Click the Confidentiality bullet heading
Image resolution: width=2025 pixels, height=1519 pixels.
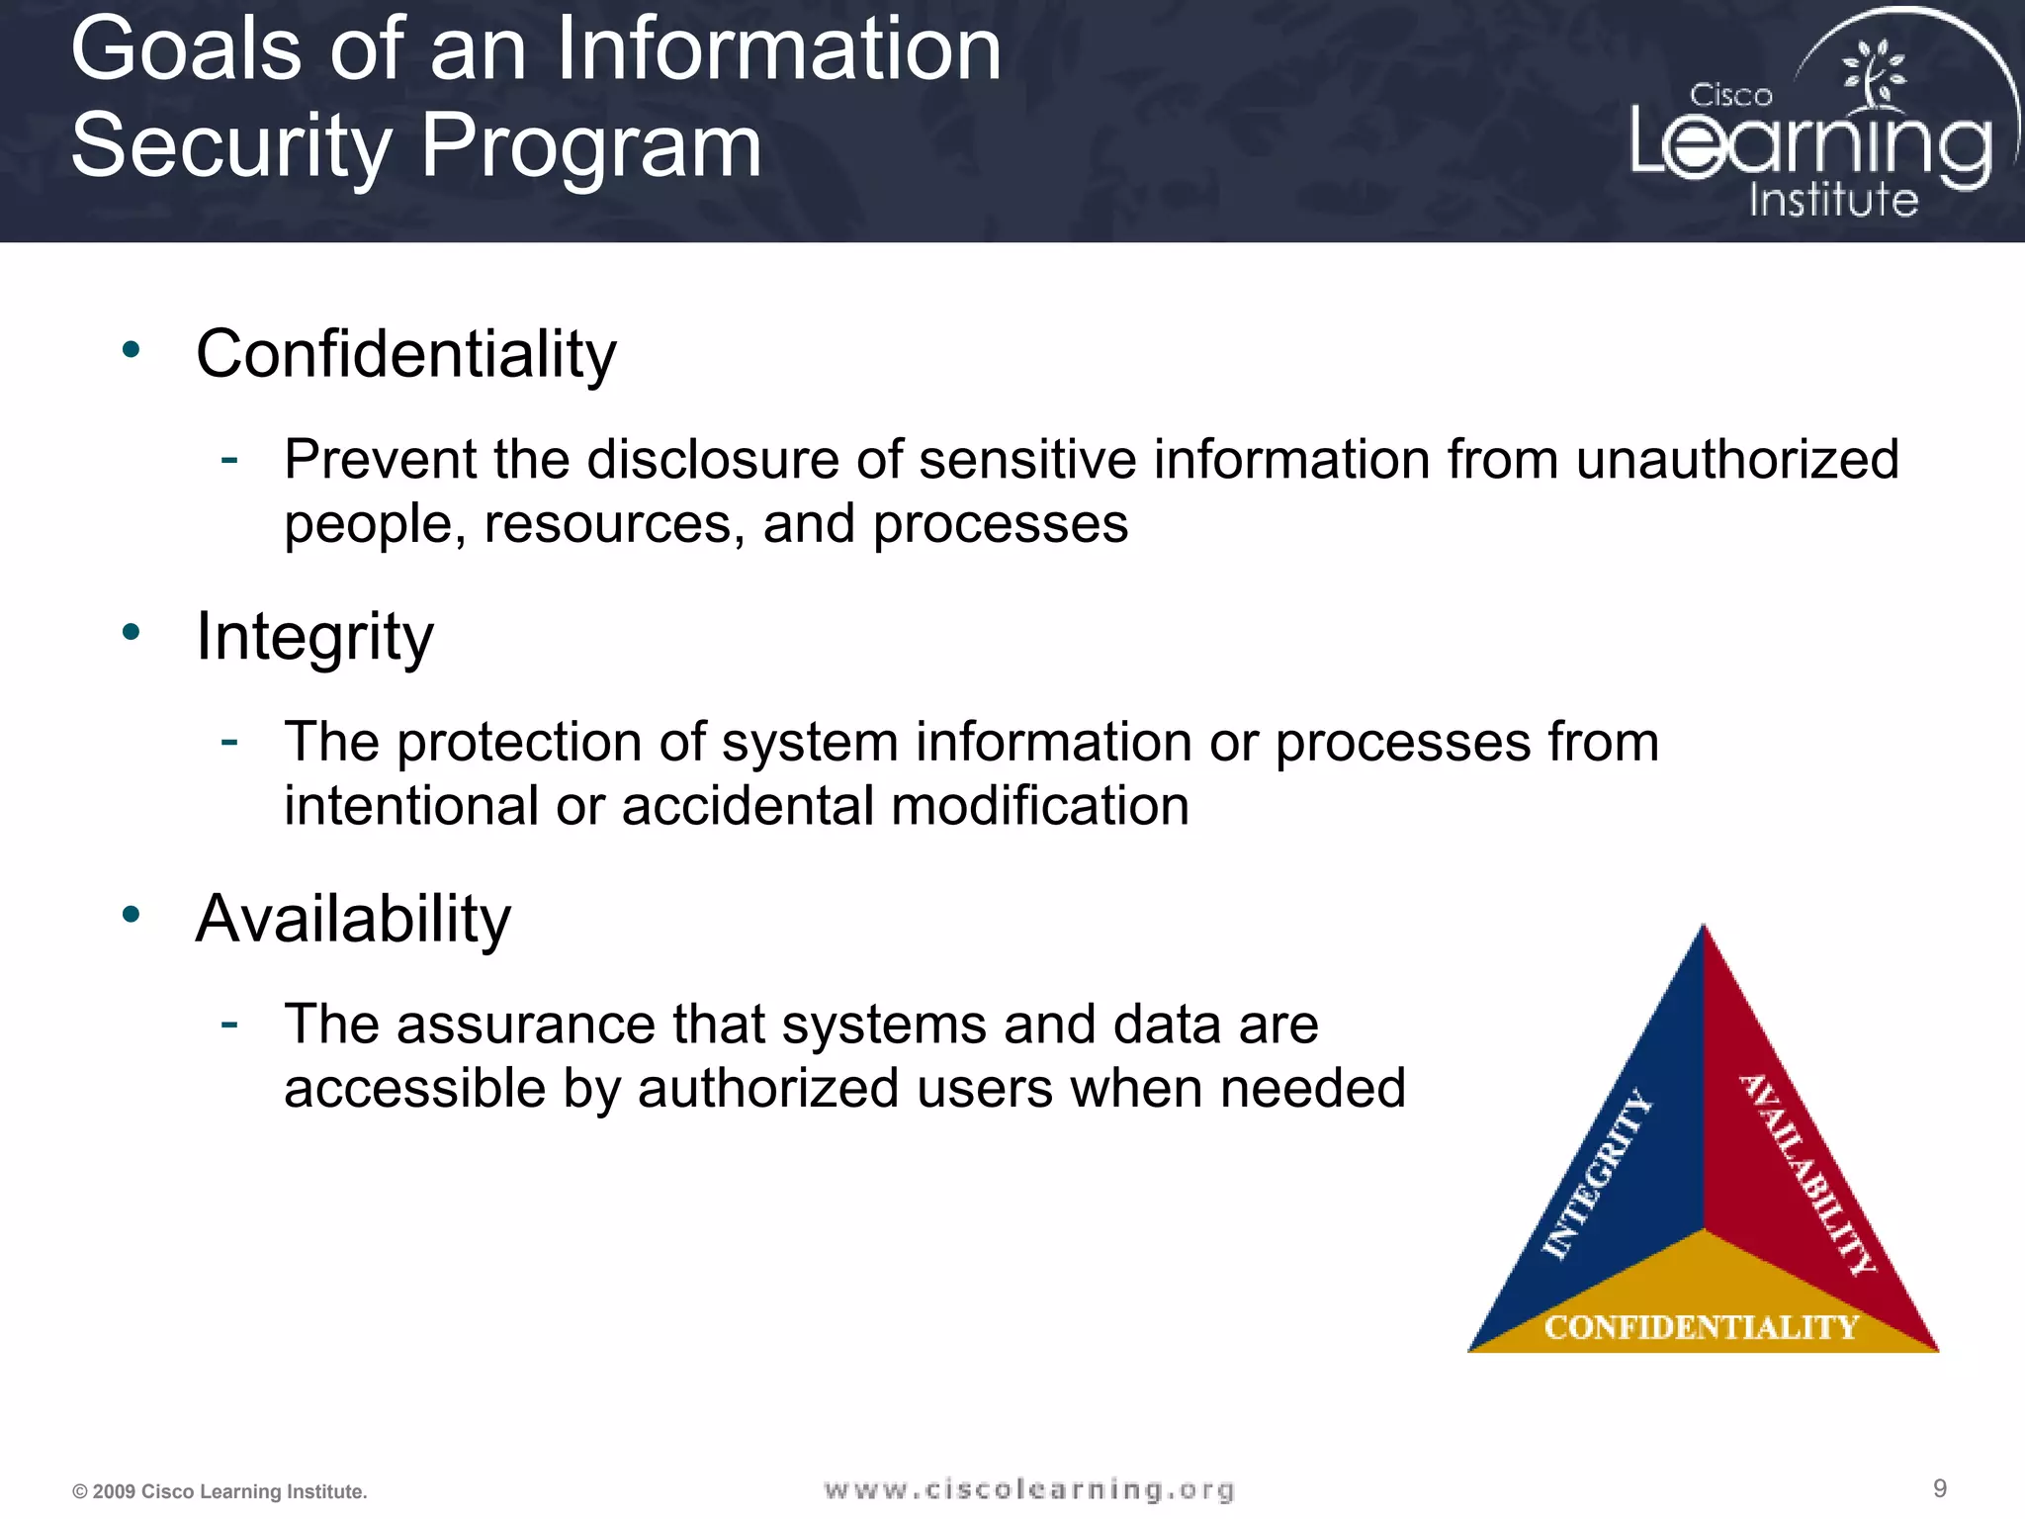405,354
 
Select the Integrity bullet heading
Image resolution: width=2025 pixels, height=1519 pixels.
314,637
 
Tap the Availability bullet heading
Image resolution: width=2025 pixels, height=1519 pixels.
353,920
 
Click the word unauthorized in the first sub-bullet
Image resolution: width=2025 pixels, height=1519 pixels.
1736,460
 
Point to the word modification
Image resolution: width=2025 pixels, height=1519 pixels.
1039,806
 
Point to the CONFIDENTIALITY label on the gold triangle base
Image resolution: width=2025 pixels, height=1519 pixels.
1702,1327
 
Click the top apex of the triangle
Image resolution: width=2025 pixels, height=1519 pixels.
1703,930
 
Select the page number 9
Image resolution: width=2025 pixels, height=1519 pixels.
1939,1488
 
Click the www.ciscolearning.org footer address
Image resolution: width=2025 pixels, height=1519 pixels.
1028,1489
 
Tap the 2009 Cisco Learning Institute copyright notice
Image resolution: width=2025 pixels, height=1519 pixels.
220,1491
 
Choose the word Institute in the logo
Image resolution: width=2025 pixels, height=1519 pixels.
1833,200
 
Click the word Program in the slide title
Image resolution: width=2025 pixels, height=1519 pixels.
590,146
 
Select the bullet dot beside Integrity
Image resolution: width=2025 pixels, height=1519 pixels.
132,632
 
